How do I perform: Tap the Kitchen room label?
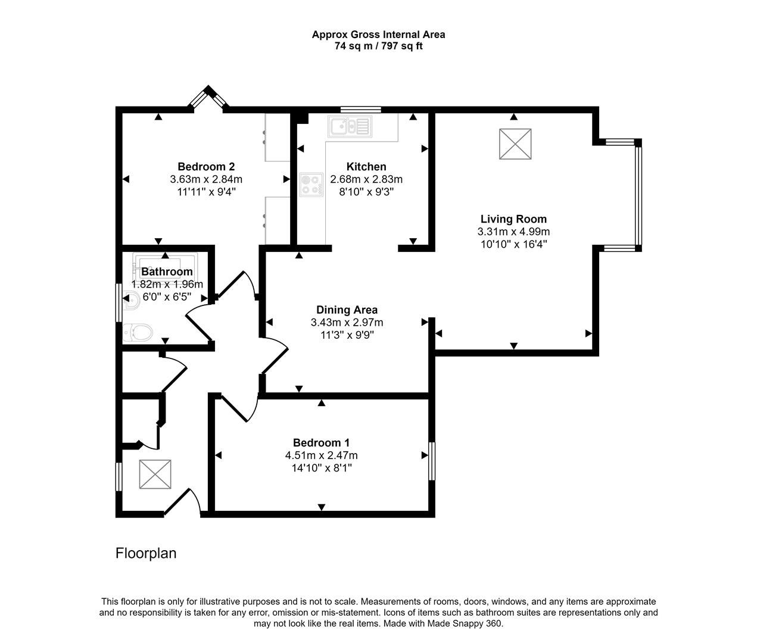click(x=366, y=167)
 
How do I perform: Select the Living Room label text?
click(x=513, y=219)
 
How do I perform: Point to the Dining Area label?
click(x=347, y=310)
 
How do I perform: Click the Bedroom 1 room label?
click(x=321, y=443)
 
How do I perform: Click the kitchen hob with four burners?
click(x=311, y=185)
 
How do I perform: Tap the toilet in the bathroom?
click(x=138, y=332)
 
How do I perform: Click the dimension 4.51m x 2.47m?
click(x=321, y=455)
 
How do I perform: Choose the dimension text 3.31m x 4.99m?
click(x=513, y=232)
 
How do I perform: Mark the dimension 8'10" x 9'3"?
click(x=366, y=192)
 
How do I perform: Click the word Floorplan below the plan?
click(x=146, y=553)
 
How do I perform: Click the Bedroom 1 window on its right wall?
click(x=432, y=460)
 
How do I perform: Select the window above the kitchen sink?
click(x=361, y=109)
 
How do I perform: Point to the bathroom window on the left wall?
click(x=119, y=302)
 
